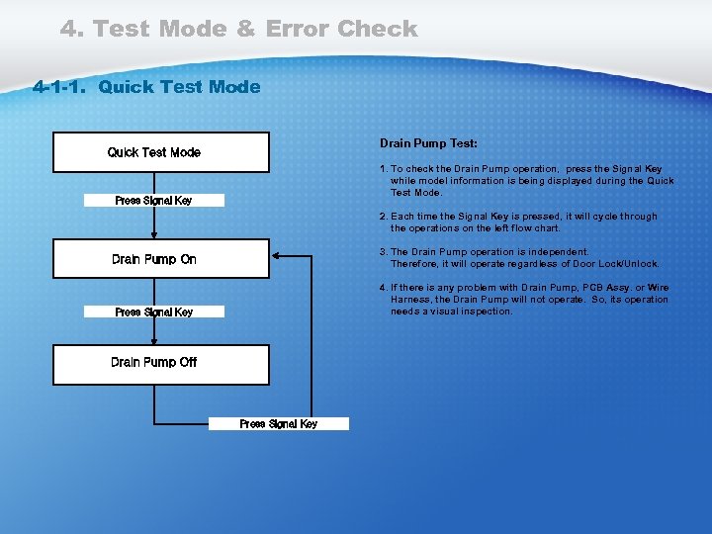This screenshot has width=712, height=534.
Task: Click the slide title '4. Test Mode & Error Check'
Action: [238, 29]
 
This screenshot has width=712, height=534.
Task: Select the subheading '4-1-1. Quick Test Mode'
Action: [146, 87]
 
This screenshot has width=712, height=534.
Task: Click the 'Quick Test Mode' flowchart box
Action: [160, 152]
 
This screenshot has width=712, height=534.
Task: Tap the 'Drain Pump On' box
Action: [160, 259]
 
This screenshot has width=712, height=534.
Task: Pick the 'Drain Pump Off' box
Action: [160, 363]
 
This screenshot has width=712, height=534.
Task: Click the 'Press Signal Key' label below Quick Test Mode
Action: [153, 201]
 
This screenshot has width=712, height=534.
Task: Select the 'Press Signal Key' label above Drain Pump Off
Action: [153, 312]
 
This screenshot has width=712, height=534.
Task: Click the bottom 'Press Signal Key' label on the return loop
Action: [278, 424]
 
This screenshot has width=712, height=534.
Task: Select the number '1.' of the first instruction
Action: [384, 169]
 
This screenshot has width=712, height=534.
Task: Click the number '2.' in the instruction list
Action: [384, 217]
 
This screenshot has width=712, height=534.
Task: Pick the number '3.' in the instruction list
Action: [384, 252]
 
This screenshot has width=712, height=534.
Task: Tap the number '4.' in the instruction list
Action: [384, 288]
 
